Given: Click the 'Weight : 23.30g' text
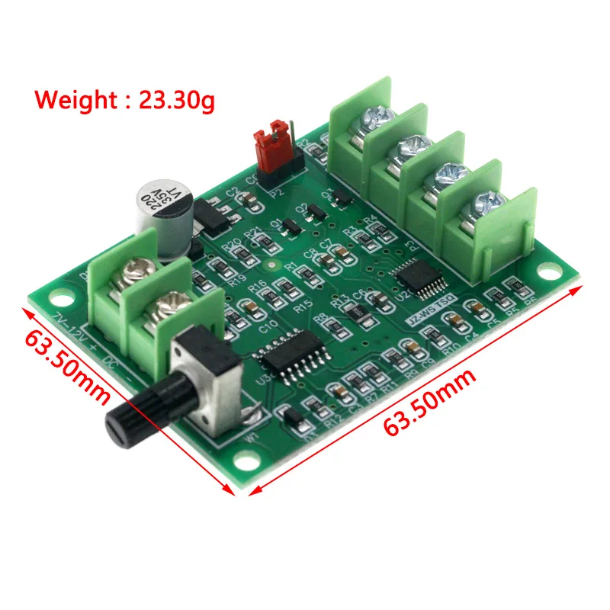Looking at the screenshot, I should (126, 100).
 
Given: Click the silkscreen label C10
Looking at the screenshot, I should (268, 328).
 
